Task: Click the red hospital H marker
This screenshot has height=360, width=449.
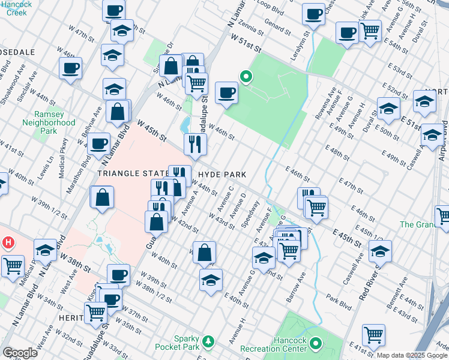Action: [x=8, y=243]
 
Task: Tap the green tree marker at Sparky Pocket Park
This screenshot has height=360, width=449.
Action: [x=208, y=341]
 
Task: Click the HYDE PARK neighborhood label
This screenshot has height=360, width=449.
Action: [x=222, y=174]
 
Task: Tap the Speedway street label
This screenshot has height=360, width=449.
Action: [x=250, y=219]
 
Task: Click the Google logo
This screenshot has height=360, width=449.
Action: [x=20, y=353]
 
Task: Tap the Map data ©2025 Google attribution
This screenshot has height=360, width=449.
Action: [x=412, y=355]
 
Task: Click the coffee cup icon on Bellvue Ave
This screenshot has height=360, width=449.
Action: [x=100, y=143]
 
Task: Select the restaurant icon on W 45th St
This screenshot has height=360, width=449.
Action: [x=195, y=143]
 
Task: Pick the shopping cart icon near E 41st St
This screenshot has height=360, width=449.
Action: [x=373, y=335]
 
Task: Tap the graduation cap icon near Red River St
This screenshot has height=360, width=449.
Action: [x=380, y=251]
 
